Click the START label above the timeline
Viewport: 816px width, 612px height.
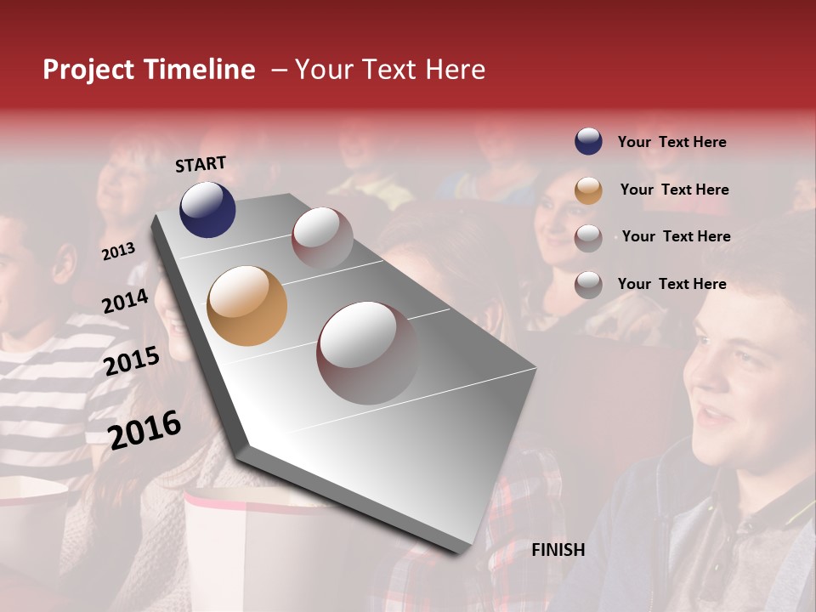point(201,164)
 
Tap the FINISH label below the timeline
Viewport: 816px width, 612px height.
point(558,550)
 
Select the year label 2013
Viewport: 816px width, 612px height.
point(118,251)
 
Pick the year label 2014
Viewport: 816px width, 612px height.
point(125,301)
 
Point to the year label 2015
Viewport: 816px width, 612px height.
point(132,360)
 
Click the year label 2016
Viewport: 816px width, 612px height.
point(144,429)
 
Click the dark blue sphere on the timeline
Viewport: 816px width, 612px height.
point(207,209)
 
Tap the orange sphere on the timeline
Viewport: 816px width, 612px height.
point(246,306)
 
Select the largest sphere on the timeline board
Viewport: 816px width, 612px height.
point(367,352)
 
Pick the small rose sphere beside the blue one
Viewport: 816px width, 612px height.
point(322,237)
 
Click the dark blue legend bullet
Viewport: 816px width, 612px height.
point(588,142)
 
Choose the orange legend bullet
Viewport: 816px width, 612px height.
point(588,190)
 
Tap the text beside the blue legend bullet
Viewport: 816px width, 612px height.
point(671,142)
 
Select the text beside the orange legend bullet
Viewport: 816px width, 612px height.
point(674,190)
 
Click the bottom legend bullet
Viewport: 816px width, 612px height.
point(588,285)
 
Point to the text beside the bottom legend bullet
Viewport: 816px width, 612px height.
point(671,284)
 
